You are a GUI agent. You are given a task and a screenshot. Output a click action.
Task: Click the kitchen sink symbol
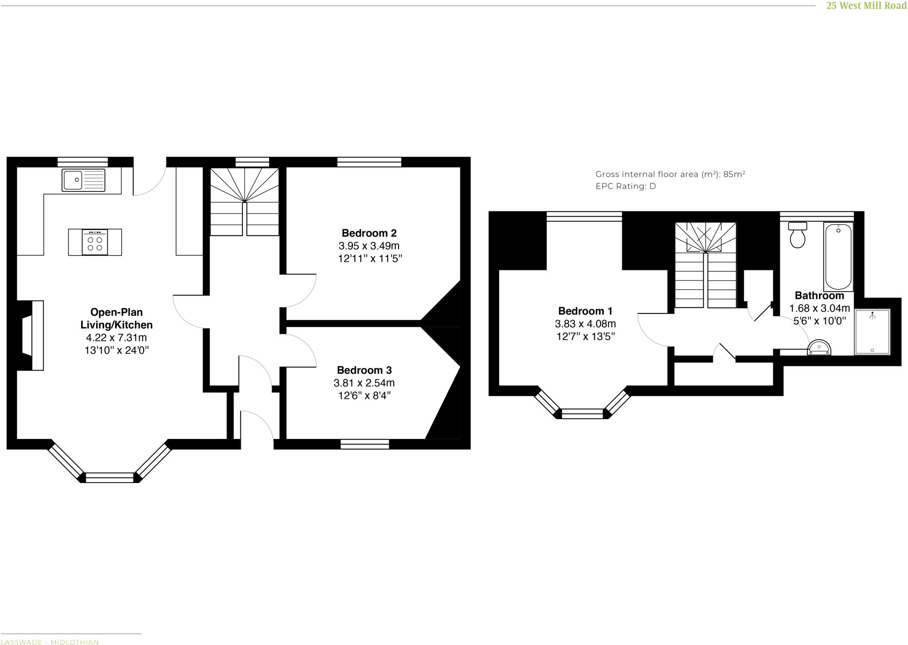(x=84, y=180)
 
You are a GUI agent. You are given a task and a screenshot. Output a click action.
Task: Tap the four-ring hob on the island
(x=95, y=242)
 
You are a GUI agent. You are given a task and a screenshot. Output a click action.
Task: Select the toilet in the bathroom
(x=798, y=235)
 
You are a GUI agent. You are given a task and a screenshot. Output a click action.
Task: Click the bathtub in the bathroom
(x=838, y=257)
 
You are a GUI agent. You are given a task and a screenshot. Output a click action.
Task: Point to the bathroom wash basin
(x=819, y=348)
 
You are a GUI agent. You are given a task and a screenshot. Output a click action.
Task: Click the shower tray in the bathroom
(x=872, y=332)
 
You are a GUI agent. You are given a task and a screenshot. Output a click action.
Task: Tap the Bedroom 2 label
(x=369, y=233)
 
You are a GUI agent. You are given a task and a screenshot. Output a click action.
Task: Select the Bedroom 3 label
(x=364, y=370)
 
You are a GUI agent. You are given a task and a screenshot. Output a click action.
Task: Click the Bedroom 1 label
(x=585, y=311)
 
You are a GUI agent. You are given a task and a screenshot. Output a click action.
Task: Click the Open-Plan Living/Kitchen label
(x=116, y=318)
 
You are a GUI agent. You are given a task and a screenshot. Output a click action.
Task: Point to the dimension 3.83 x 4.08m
(x=585, y=324)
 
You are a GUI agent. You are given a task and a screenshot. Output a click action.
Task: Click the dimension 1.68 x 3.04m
(x=819, y=308)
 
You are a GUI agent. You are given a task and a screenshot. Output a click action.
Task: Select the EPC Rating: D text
(x=625, y=186)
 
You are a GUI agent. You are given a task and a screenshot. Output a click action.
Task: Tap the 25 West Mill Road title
(x=866, y=6)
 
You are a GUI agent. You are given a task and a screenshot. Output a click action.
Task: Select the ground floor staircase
(x=244, y=202)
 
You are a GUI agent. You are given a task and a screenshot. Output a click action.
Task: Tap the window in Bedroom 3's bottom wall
(x=364, y=444)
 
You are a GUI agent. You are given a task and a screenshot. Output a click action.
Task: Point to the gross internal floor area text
(x=669, y=174)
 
